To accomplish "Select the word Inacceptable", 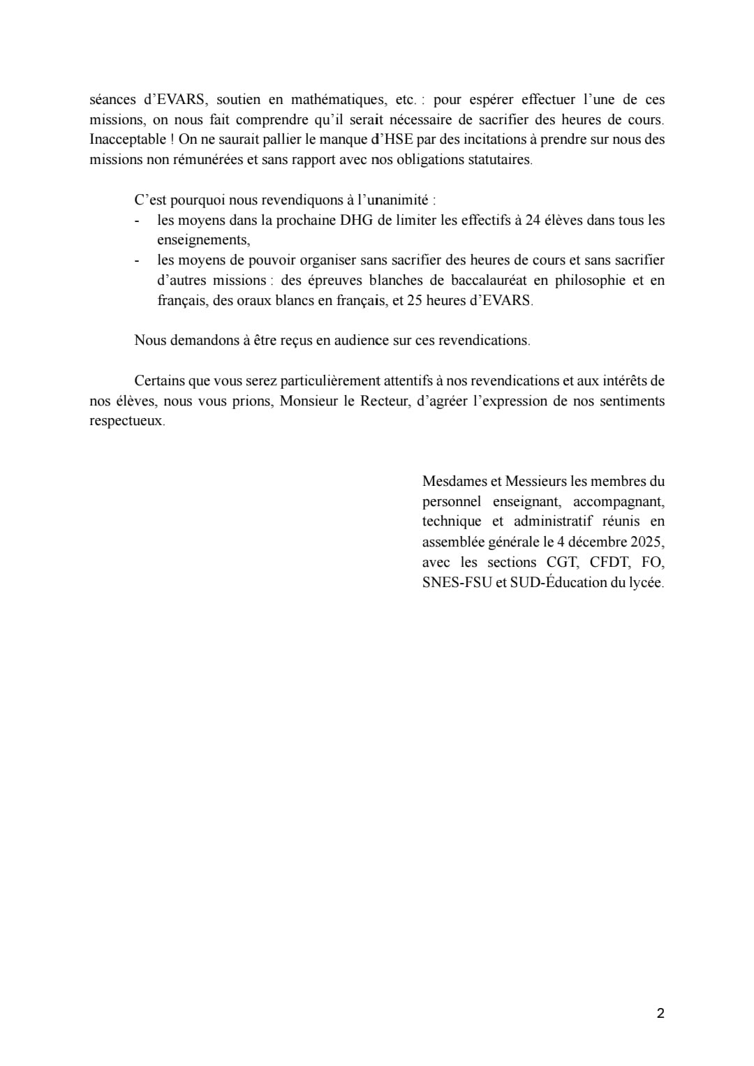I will pyautogui.click(x=128, y=139).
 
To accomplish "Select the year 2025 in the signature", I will pyautogui.click(x=646, y=542).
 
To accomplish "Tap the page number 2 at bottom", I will pyautogui.click(x=660, y=1014).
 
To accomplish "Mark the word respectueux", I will pyautogui.click(x=126, y=421).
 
